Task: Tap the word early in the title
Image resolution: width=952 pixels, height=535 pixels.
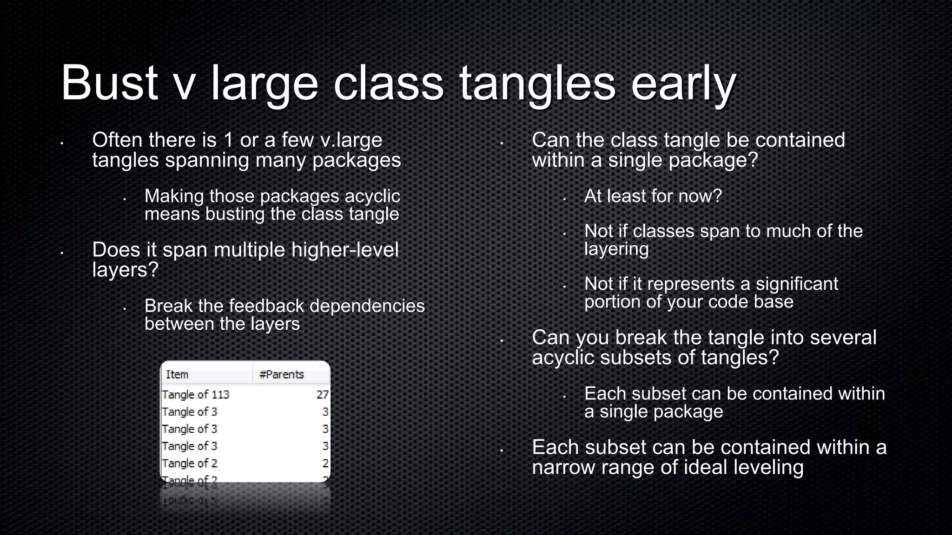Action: click(683, 84)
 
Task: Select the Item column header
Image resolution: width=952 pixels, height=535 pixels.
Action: click(177, 374)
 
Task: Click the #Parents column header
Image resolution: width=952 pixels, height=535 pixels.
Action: click(281, 374)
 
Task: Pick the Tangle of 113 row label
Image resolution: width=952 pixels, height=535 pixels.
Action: click(196, 395)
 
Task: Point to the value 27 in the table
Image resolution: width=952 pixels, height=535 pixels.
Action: click(322, 395)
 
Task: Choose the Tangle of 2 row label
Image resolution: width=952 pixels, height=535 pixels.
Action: click(190, 463)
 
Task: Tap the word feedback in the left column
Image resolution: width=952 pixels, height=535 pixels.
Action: click(266, 306)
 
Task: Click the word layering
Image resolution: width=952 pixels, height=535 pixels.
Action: click(616, 249)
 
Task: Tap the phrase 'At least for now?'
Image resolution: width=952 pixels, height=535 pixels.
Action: click(653, 196)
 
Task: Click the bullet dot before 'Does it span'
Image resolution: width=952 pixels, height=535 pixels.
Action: click(61, 254)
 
